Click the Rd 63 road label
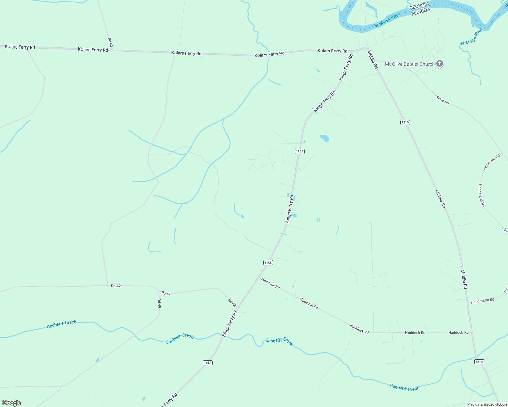(x=110, y=42)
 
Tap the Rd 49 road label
(x=159, y=303)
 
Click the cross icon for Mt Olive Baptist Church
(x=440, y=63)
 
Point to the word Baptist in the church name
(x=411, y=64)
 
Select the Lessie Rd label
(x=442, y=99)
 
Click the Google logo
(x=12, y=403)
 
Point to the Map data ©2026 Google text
(x=486, y=404)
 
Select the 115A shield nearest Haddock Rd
(x=268, y=263)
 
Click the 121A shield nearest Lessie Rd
(x=405, y=122)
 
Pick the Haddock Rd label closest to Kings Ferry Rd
(x=271, y=284)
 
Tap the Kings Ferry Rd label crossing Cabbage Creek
(x=230, y=324)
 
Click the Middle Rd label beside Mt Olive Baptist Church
(x=373, y=59)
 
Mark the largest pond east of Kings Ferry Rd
(x=325, y=138)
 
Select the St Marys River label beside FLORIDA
(x=387, y=21)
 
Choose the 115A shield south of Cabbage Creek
(x=208, y=363)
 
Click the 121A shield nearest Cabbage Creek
(x=479, y=362)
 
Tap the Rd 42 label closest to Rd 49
(x=166, y=293)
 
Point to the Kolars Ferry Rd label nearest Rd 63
(x=93, y=50)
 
